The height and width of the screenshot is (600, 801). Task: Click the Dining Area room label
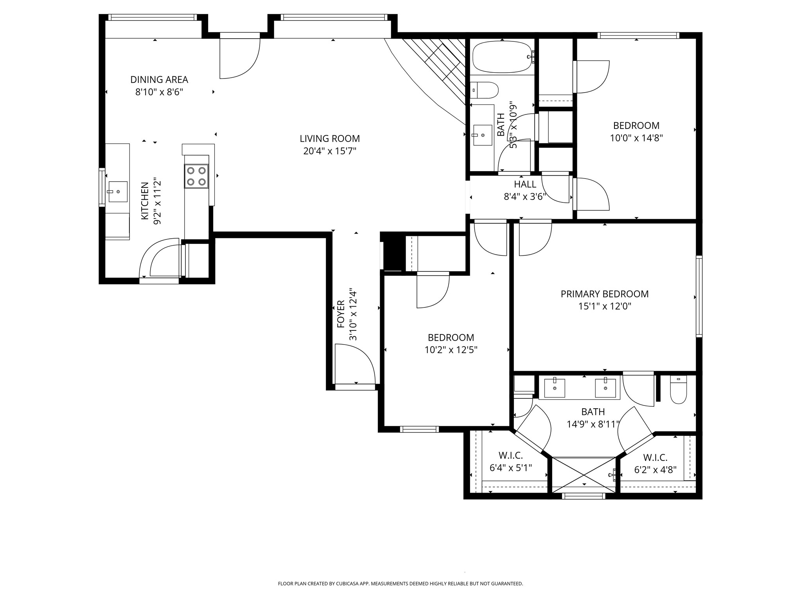[159, 80]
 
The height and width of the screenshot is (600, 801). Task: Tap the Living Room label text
[330, 139]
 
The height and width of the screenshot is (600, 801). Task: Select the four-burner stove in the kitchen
[196, 176]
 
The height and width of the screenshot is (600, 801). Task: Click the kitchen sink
[118, 191]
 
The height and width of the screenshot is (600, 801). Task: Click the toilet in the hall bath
[484, 91]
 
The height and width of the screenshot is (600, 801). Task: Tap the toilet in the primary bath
[679, 389]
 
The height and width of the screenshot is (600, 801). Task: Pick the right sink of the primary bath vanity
[605, 387]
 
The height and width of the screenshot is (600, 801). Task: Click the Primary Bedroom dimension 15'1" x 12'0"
[605, 306]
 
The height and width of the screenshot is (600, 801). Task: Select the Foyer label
[341, 314]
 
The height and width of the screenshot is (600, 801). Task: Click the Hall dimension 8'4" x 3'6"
[525, 196]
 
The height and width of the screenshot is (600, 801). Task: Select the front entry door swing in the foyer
[355, 364]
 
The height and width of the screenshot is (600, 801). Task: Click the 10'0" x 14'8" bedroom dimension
[636, 138]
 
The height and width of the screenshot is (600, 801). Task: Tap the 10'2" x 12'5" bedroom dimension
[451, 350]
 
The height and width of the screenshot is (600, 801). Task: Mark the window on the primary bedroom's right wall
[699, 296]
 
